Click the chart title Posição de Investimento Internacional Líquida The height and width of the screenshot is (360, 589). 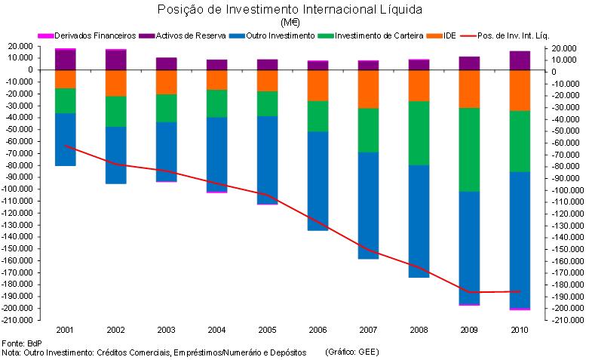coord(290,10)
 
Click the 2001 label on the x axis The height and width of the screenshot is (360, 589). coord(66,331)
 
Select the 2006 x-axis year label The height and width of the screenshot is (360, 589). coord(318,331)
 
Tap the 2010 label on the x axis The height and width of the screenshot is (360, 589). coord(519,331)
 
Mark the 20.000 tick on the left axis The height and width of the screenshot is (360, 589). coord(20,46)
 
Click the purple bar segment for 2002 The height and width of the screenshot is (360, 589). coord(116,60)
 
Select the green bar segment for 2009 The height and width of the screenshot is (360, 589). coord(469,149)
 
